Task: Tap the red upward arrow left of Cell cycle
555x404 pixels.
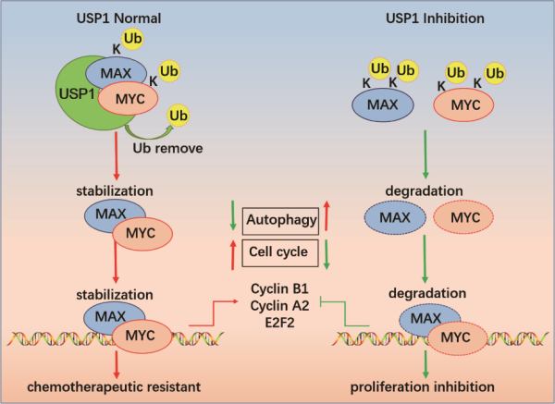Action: tap(232, 250)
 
